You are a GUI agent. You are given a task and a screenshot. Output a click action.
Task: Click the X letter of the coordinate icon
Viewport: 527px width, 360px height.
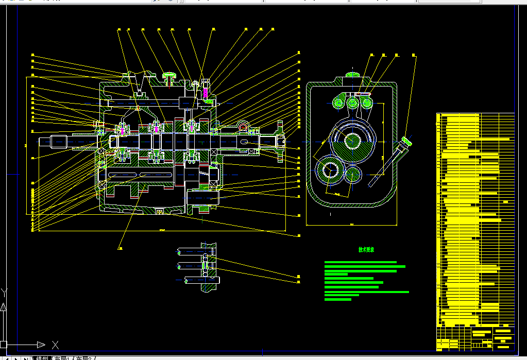(x=55, y=345)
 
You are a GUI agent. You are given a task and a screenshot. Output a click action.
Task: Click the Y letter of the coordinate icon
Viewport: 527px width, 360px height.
(x=4, y=293)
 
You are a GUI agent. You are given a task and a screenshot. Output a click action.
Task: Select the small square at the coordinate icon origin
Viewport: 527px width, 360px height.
(x=4, y=344)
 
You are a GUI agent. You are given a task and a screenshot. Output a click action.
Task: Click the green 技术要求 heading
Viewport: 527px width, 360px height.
(x=366, y=250)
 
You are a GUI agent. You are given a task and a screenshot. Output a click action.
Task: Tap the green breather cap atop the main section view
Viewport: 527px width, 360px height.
(x=169, y=76)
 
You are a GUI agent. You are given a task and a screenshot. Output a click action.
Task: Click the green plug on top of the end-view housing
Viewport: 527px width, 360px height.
(x=353, y=75)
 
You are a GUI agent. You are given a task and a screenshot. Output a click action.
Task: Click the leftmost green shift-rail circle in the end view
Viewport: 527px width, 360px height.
(x=339, y=103)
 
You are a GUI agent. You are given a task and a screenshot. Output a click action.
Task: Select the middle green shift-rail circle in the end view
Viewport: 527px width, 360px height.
(x=353, y=103)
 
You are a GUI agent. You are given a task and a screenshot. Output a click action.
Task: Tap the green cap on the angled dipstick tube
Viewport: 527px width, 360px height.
(x=407, y=140)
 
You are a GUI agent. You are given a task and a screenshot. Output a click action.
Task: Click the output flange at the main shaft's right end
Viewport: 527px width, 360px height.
(x=280, y=141)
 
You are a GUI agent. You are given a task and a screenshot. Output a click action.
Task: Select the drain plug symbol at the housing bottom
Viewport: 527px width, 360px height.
(x=159, y=211)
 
